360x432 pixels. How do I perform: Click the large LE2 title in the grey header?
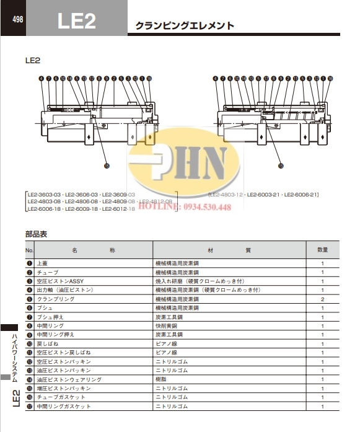[76, 22]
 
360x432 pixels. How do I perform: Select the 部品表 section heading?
[36, 234]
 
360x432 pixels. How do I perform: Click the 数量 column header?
[322, 250]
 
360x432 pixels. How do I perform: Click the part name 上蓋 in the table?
[43, 263]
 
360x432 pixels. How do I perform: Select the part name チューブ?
[48, 272]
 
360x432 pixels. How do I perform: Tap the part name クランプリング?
[56, 299]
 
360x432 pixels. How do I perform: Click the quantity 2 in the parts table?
[322, 299]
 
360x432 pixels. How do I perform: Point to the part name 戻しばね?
[48, 343]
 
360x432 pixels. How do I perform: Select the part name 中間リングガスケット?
[64, 406]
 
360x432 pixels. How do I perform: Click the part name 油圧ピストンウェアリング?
[69, 379]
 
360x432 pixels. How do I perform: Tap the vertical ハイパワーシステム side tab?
[15, 356]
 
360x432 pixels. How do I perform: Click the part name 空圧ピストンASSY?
[60, 281]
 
